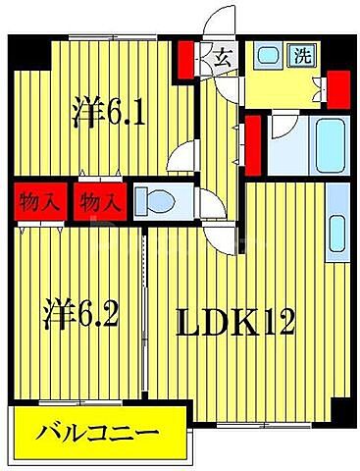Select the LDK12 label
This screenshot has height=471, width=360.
pyautogui.click(x=235, y=321)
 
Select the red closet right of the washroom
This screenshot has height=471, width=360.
pyautogui.click(x=335, y=90)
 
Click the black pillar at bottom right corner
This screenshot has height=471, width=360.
pyautogui.click(x=338, y=412)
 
